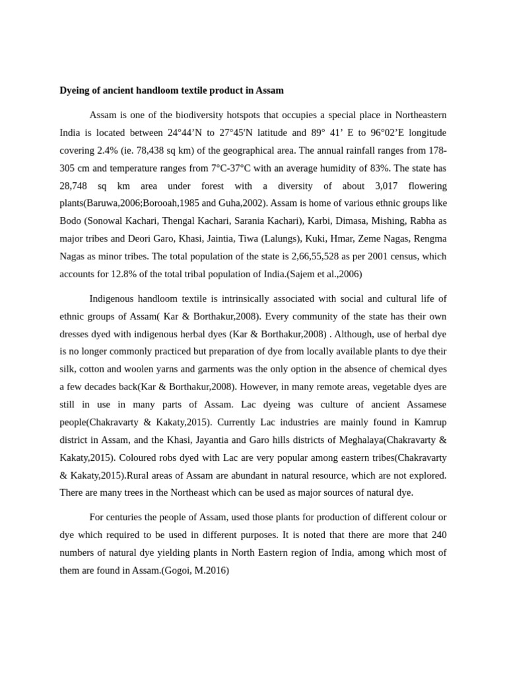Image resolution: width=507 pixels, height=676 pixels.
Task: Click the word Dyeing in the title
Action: pyautogui.click(x=75, y=90)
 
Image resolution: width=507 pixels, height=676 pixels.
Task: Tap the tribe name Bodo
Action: pyautogui.click(x=70, y=220)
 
